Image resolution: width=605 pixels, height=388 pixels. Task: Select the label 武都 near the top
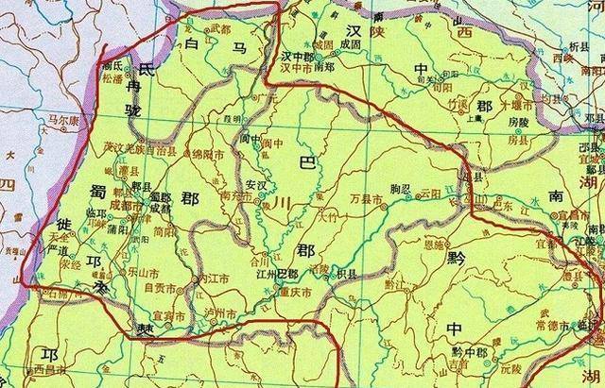pyautogui.click(x=219, y=29)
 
